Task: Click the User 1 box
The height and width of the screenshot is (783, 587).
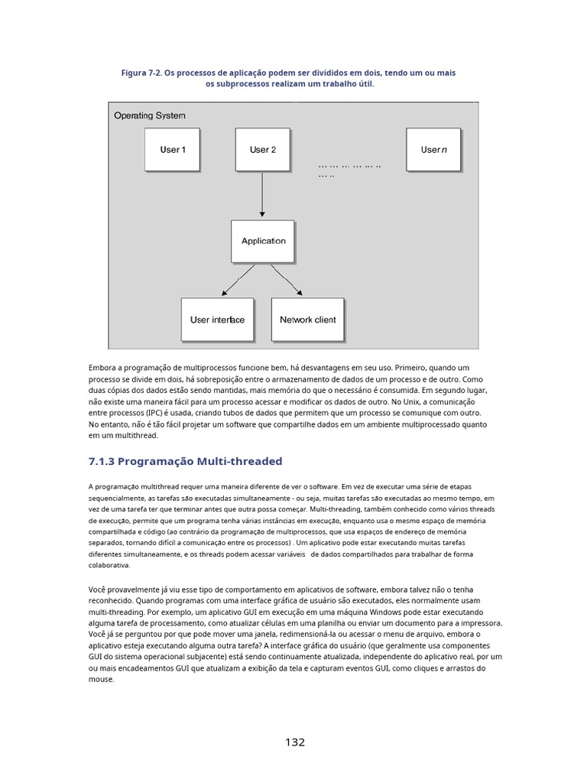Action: (x=173, y=150)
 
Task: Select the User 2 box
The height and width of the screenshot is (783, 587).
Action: (x=262, y=150)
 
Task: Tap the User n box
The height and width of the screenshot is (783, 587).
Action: (x=433, y=150)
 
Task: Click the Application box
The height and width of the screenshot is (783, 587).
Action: (x=263, y=241)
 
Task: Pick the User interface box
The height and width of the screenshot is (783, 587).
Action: (x=217, y=320)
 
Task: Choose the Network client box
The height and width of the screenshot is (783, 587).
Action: (x=307, y=320)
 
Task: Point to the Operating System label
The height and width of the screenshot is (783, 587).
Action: (x=150, y=115)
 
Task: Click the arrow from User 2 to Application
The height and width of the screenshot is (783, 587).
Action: (x=262, y=195)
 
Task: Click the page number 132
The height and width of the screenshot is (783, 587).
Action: (x=295, y=742)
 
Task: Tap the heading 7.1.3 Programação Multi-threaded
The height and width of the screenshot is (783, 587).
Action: (x=186, y=461)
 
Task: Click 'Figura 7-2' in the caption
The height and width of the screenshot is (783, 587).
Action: (x=142, y=73)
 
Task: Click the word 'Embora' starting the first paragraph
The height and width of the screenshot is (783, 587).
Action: (x=102, y=368)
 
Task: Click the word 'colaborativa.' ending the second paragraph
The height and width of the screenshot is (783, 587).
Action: (x=110, y=566)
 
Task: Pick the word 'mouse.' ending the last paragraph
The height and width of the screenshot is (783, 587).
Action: (x=102, y=679)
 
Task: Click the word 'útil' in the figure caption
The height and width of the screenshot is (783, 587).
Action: (x=365, y=84)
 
